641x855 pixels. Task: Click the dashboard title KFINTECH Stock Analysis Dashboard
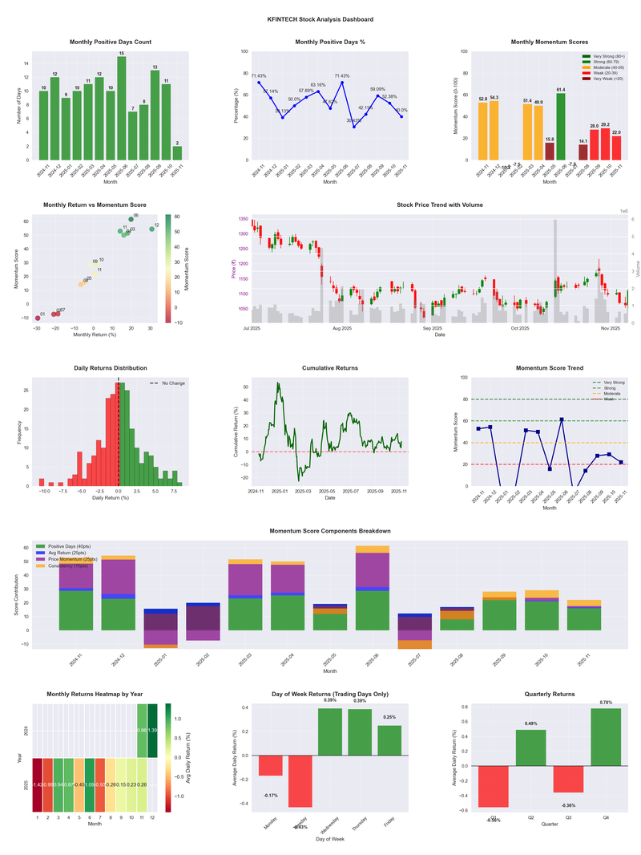pos(320,18)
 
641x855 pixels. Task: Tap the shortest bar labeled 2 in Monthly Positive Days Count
pos(177,152)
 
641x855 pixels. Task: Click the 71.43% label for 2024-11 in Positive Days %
pos(259,75)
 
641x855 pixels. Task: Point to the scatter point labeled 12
pos(151,229)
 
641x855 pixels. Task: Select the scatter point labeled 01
pos(37,318)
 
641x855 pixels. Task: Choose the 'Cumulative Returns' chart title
pos(330,368)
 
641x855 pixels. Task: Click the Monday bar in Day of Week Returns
pos(271,765)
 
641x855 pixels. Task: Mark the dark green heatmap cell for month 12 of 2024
pos(152,731)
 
